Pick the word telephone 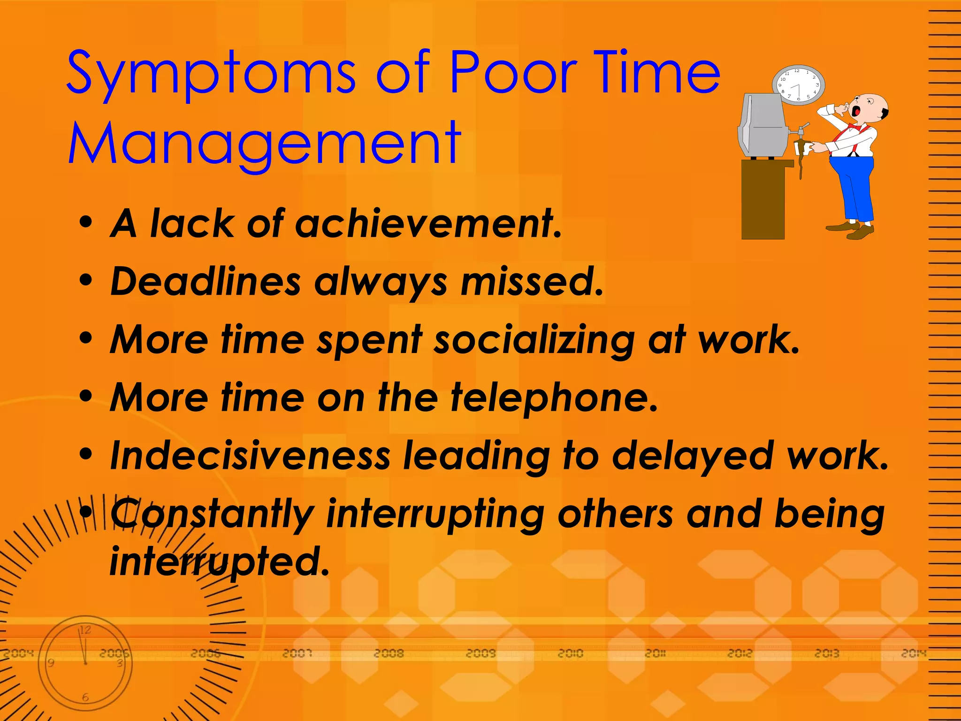(x=554, y=398)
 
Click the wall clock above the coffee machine (x=798, y=85)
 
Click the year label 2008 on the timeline (x=389, y=653)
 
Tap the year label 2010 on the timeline (x=570, y=653)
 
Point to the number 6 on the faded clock (x=85, y=698)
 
